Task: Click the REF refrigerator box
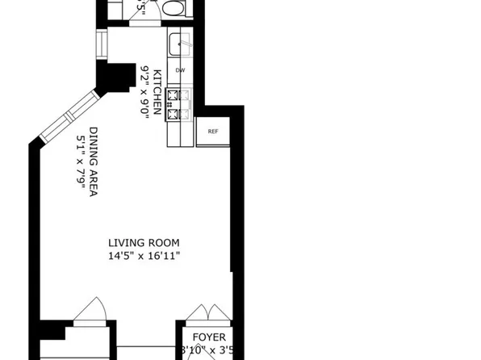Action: click(213, 131)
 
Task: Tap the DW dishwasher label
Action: click(181, 70)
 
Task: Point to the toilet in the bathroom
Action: click(173, 7)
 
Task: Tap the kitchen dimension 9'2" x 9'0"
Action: click(146, 91)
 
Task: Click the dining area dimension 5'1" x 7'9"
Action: click(81, 162)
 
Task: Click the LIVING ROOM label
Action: click(144, 243)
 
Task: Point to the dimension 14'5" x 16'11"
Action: click(144, 256)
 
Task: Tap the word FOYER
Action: click(209, 337)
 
